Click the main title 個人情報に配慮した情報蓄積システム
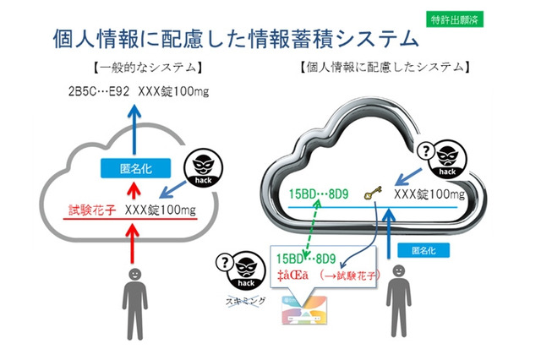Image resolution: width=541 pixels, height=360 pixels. click(236, 39)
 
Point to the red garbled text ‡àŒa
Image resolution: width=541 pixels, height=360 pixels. click(296, 275)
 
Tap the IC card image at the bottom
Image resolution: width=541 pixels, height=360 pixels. click(305, 315)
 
